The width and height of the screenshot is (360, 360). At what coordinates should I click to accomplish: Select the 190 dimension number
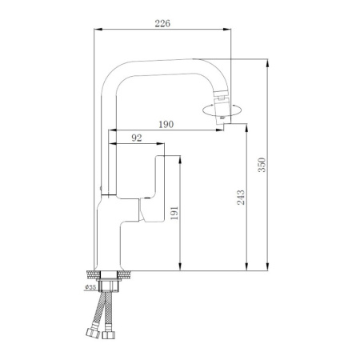tap(166, 125)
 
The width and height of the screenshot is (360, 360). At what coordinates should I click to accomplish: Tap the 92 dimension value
tap(136, 138)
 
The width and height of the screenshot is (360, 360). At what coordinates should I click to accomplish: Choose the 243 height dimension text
tap(241, 197)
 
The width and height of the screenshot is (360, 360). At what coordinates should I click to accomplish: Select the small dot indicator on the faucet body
tap(100, 187)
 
